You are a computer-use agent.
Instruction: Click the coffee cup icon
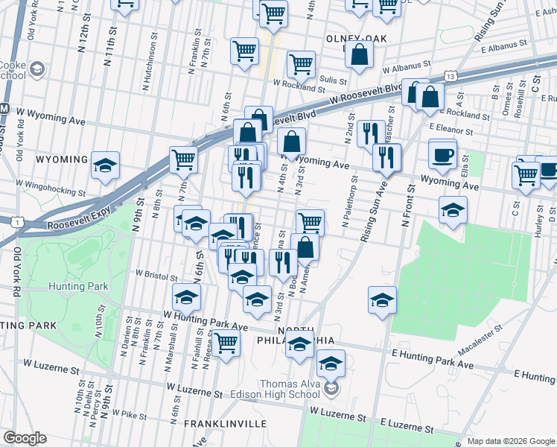tap(443, 156)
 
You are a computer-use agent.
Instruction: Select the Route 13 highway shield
tap(449, 76)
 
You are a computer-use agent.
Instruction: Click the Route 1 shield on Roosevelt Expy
tap(16, 221)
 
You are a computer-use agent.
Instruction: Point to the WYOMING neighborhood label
tap(62, 159)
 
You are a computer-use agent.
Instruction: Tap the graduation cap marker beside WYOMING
tap(105, 165)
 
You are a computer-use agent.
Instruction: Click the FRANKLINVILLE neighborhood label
tap(225, 423)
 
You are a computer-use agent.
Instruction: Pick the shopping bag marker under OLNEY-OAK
tap(359, 54)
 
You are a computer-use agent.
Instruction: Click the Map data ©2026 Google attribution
tap(510, 441)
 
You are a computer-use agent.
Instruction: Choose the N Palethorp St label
tap(347, 202)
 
